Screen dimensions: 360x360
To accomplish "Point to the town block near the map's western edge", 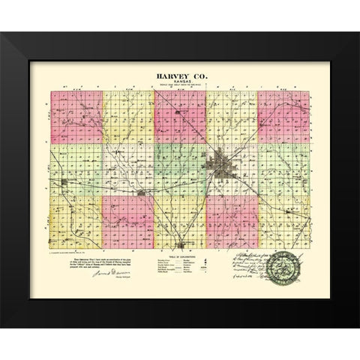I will pyautogui.click(x=66, y=182).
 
